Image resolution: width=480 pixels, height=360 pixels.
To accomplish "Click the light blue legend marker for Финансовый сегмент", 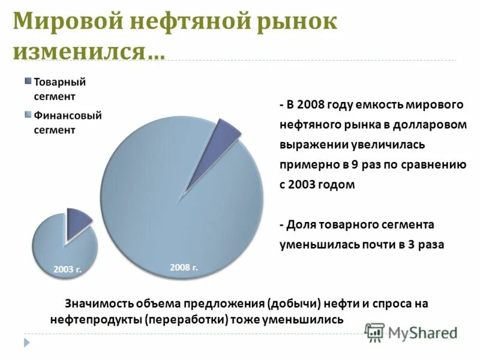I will [x=28, y=115].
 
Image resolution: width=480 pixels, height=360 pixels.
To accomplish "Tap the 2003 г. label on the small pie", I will [x=67, y=269].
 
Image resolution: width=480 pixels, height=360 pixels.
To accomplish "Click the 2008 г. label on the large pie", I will [x=184, y=267].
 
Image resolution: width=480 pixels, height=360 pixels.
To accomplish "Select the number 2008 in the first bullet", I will [x=307, y=104].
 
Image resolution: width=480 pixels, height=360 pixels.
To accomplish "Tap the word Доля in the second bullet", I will [x=301, y=224].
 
